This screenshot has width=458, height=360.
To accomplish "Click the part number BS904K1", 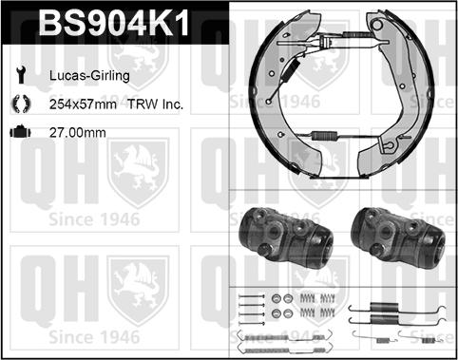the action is (114, 23).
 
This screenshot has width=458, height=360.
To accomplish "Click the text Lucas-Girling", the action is (89, 76).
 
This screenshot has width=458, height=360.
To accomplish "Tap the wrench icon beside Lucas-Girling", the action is (21, 75).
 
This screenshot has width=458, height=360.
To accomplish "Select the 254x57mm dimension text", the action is (83, 104).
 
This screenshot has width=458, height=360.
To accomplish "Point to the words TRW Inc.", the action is (155, 104).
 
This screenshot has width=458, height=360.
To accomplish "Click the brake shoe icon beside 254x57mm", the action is (21, 104).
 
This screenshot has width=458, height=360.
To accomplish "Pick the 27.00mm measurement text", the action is (78, 133).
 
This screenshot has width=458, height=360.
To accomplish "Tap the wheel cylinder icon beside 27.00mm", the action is (21, 132).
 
